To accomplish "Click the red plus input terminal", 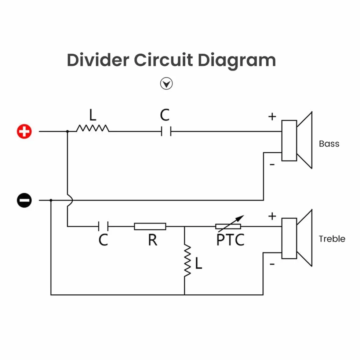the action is pos(24,131).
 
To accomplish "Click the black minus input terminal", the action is pos(24,200).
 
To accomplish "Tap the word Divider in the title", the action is pos(98,60).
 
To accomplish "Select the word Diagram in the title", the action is pos(237,61).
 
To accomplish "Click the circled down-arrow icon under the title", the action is pos(167,84).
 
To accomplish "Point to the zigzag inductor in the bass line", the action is pos(92,128).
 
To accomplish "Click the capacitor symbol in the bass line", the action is pos(166,131).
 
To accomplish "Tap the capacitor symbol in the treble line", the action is pos(103,226).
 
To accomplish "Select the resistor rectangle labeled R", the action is pos(150,226).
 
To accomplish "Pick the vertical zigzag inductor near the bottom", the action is pos(188,260).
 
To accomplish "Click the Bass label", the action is pos(329,144).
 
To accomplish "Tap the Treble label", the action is pos(332,239).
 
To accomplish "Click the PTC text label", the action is pos(230,240).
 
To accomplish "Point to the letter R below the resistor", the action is pos(153,240).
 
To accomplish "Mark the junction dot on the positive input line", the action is pos(68,131).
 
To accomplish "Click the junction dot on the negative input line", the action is pos(51,200).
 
